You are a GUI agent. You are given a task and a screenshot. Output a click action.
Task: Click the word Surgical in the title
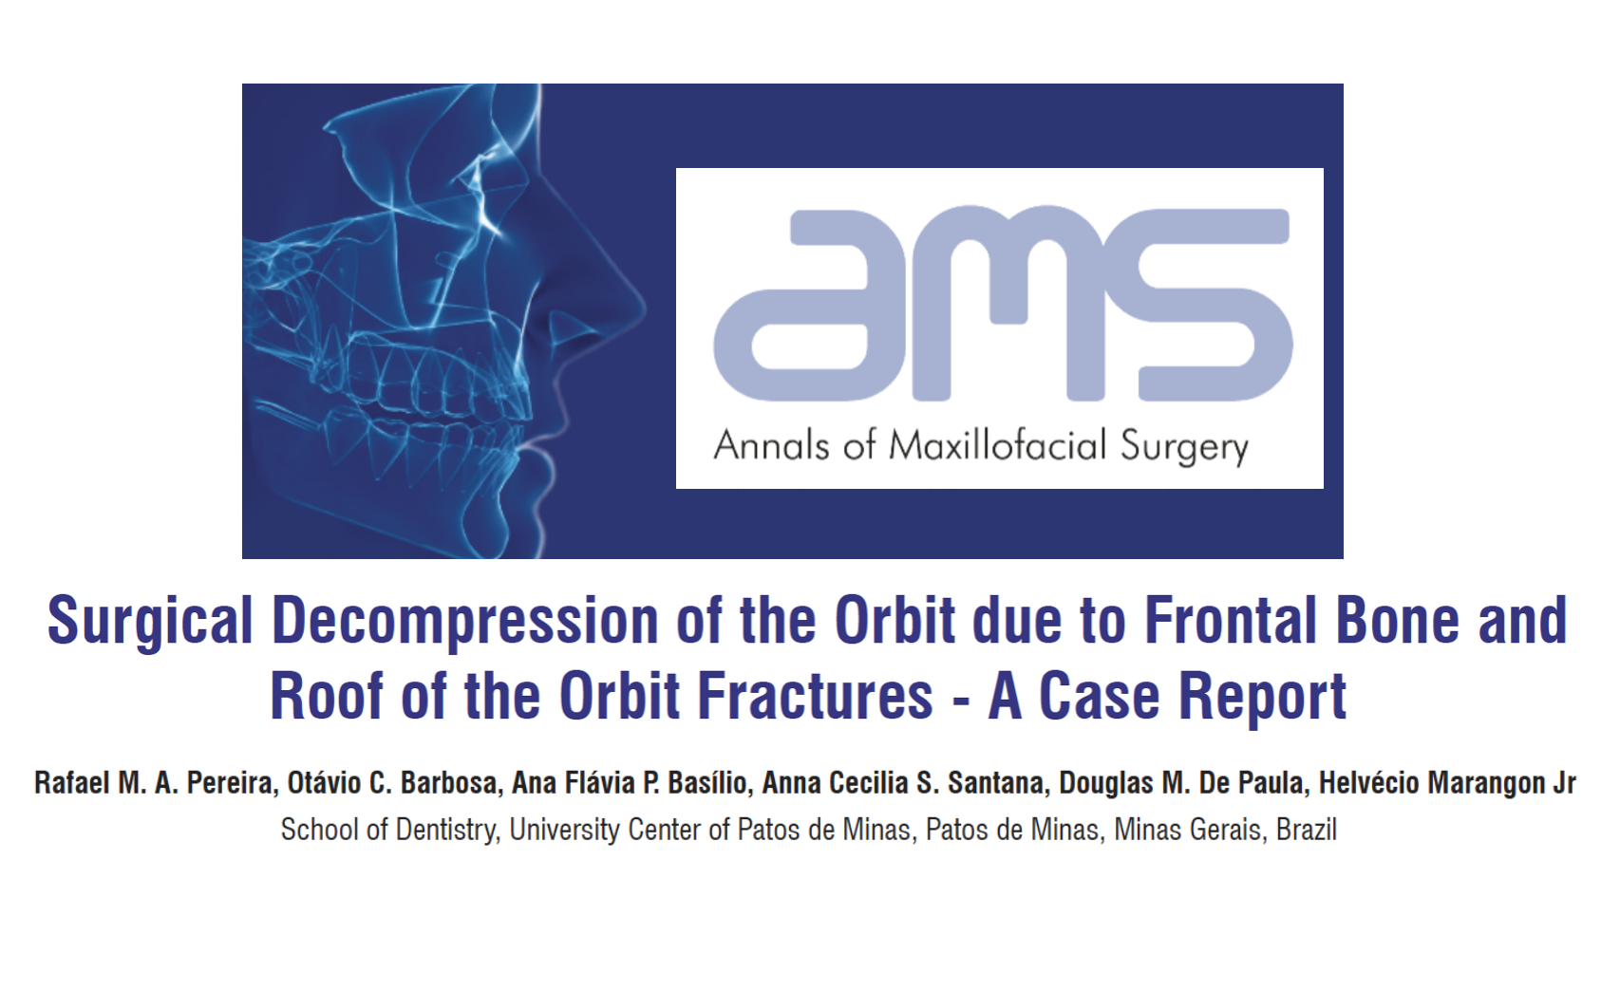point(150,621)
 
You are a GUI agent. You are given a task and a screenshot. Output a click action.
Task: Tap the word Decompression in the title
point(464,621)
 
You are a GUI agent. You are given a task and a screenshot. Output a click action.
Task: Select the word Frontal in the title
point(1230,620)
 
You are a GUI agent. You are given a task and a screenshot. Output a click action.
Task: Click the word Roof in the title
point(326,696)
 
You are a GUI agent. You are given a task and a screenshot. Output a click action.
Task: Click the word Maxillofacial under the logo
point(998,445)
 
